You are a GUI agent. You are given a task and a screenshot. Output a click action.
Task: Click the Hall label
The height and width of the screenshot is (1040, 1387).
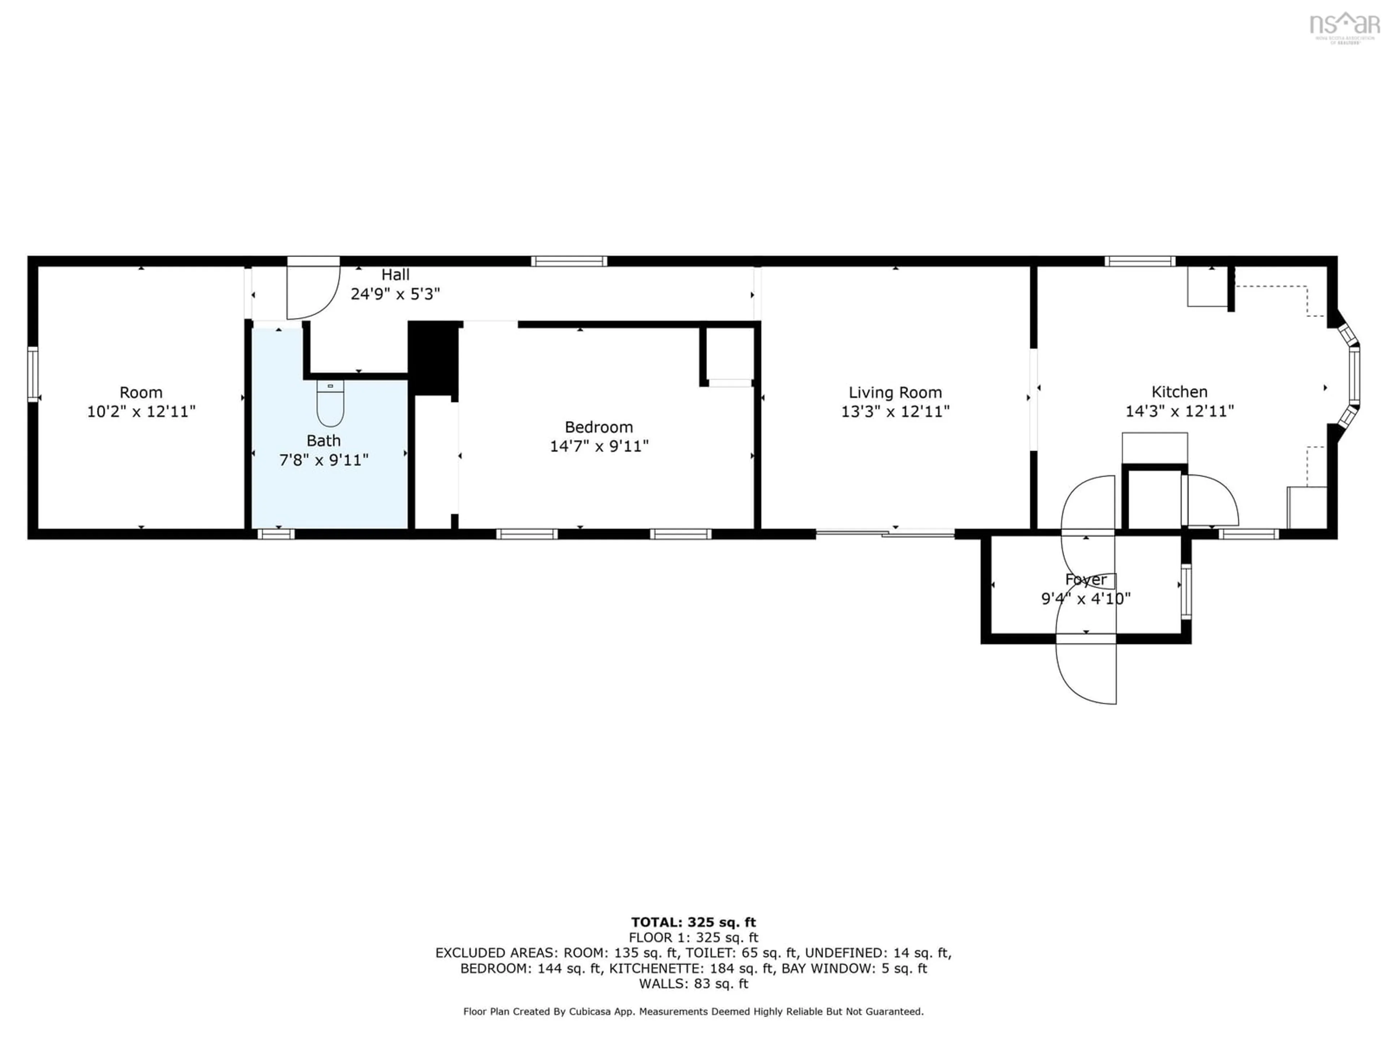pyautogui.click(x=395, y=274)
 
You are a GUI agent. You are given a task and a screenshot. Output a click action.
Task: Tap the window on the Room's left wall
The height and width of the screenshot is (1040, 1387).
pyautogui.click(x=33, y=374)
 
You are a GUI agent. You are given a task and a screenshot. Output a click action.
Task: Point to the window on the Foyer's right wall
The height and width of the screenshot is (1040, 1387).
pyautogui.click(x=1186, y=592)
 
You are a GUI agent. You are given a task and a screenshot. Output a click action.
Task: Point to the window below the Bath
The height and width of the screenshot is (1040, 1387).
pyautogui.click(x=276, y=534)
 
